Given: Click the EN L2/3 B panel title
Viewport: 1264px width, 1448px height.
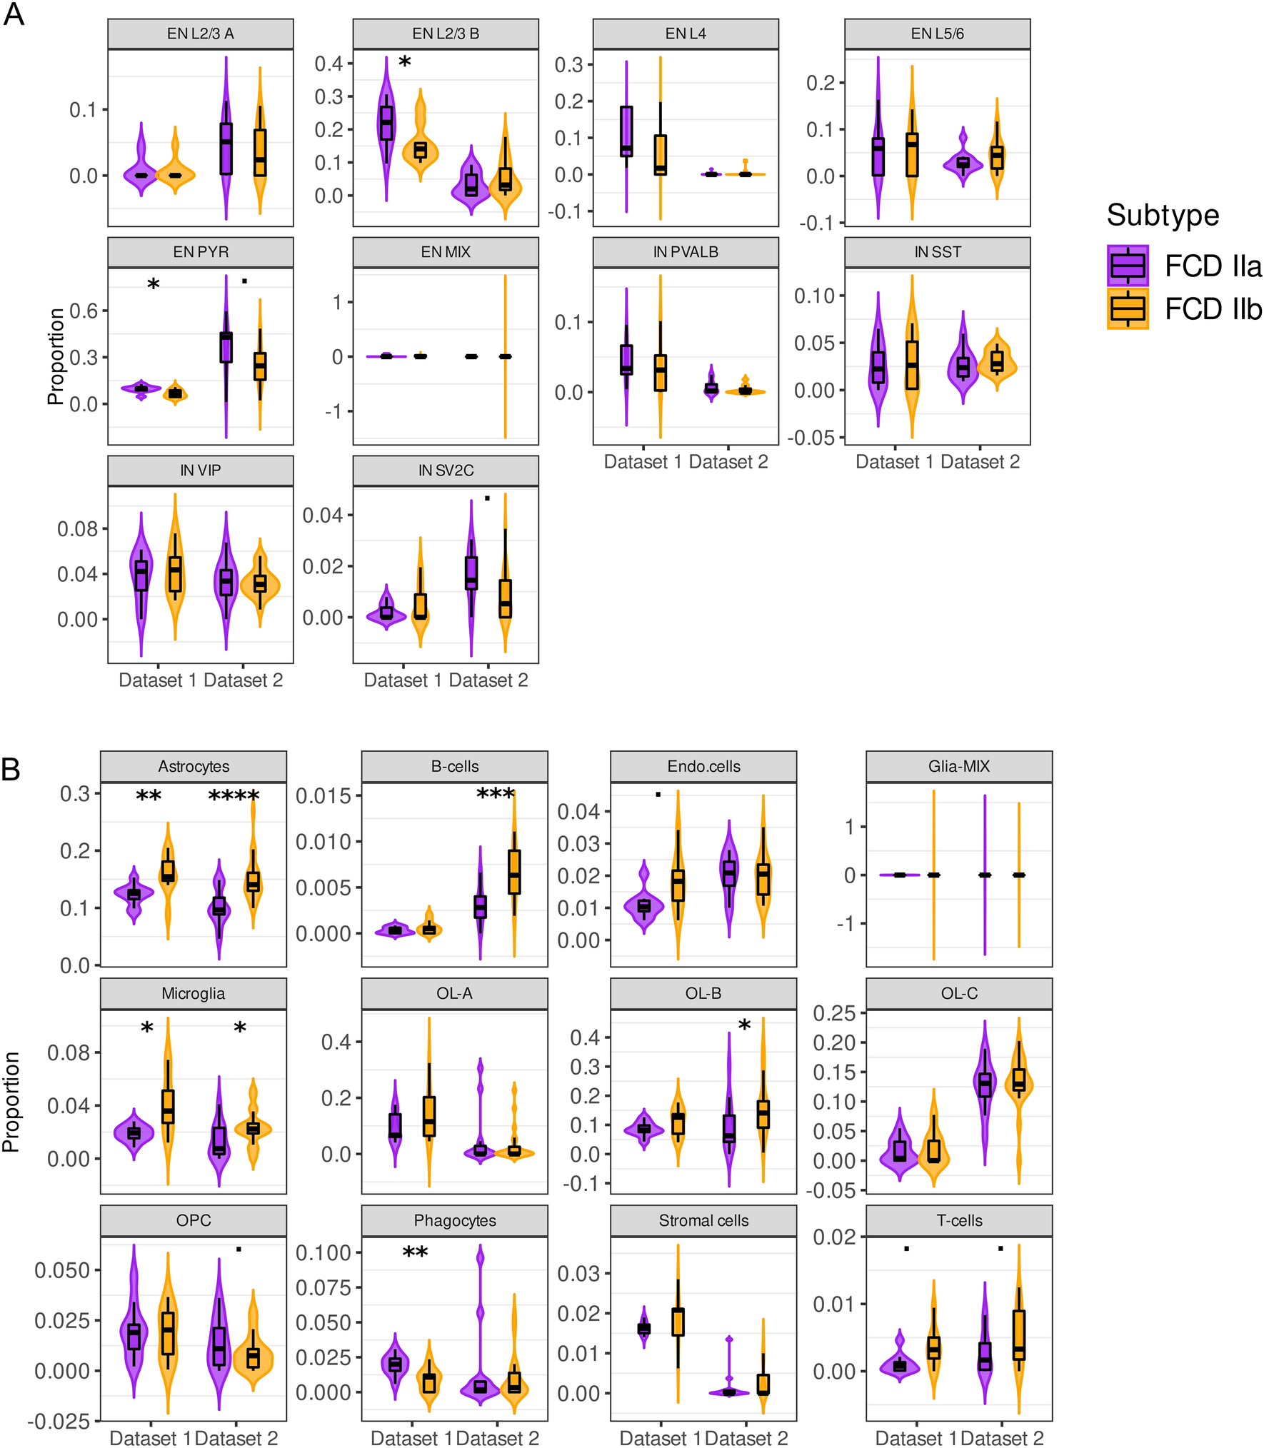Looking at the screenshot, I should pyautogui.click(x=446, y=34).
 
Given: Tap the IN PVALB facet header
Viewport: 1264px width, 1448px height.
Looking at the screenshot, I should pyautogui.click(x=686, y=252).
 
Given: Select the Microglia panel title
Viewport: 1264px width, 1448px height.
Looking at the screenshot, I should pyautogui.click(x=193, y=993).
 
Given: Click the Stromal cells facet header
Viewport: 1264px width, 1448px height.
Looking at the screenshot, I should pyautogui.click(x=703, y=1220).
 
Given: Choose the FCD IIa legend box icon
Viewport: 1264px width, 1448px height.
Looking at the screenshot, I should pyautogui.click(x=1128, y=266).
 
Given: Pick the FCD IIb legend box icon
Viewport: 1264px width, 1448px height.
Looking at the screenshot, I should pyautogui.click(x=1128, y=308).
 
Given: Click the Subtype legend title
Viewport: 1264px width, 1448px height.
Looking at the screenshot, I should pyautogui.click(x=1163, y=215).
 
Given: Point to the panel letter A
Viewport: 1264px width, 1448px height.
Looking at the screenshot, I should pyautogui.click(x=14, y=15).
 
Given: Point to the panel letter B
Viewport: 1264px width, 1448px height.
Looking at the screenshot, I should pyautogui.click(x=11, y=770).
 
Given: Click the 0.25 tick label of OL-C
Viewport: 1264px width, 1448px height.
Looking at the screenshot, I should pyautogui.click(x=833, y=1012).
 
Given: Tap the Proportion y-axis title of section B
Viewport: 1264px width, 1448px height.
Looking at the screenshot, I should pyautogui.click(x=11, y=1102).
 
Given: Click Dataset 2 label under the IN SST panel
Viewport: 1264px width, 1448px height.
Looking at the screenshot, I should pyautogui.click(x=980, y=462).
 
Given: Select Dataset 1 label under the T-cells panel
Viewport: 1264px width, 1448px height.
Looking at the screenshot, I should pyautogui.click(x=916, y=1438).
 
